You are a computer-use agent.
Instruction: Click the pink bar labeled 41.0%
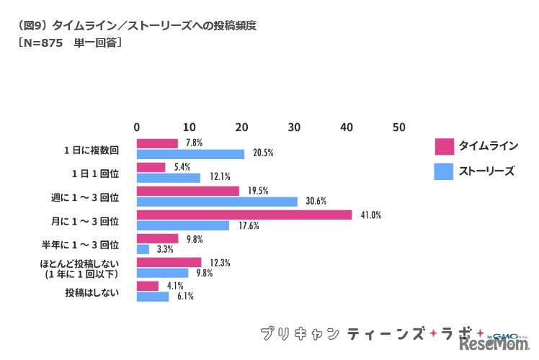pos(244,215)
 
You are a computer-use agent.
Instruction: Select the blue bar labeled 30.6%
pos(217,202)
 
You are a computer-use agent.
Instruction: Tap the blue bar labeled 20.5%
pos(190,154)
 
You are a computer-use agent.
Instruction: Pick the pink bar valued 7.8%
pos(157,143)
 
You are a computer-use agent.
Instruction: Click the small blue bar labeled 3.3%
pos(143,249)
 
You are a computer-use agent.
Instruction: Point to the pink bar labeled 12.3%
pos(169,262)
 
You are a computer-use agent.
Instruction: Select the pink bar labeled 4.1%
pos(148,286)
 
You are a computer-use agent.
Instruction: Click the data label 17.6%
pos(244,226)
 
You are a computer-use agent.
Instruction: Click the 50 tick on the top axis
pos(398,127)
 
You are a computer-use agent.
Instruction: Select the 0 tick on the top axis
pos(137,127)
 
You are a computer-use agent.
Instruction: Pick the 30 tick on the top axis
pos(294,127)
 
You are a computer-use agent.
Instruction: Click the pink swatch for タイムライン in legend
pos(444,147)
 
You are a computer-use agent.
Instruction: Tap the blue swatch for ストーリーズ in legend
pos(444,171)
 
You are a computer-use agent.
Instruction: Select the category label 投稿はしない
pos(94,292)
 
